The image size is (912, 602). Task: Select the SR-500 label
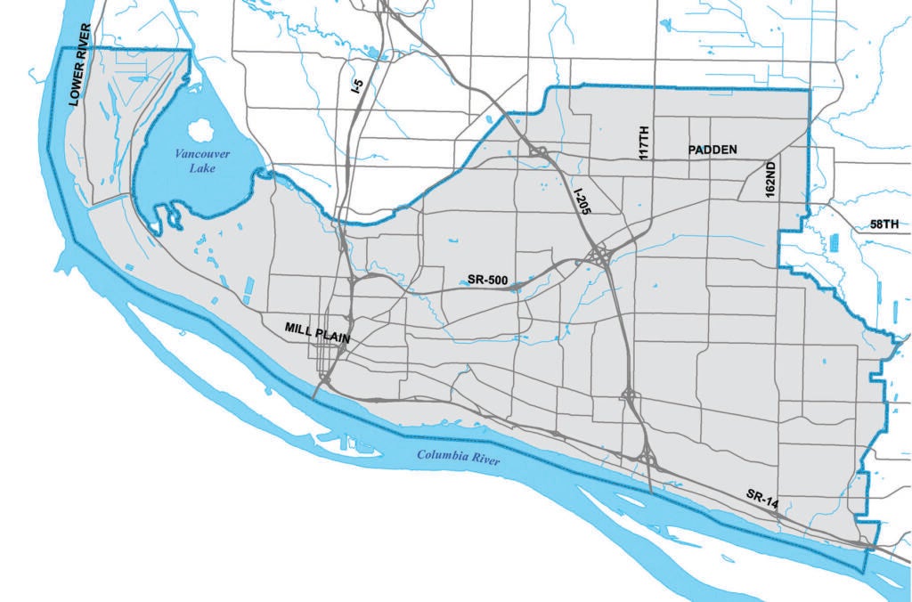pos(487,281)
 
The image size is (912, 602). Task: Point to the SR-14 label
pos(762,500)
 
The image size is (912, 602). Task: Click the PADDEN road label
pos(712,150)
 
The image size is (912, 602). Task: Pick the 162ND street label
pos(770,178)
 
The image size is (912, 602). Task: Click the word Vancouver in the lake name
pos(201,154)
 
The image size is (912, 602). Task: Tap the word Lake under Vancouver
pos(202,167)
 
